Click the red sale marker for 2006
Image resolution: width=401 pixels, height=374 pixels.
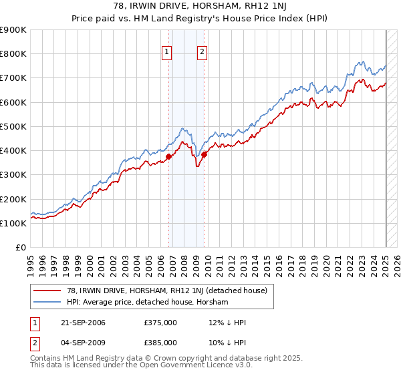169,157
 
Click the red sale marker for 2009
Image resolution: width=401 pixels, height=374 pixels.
205,154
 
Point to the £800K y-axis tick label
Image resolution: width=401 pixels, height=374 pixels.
13,54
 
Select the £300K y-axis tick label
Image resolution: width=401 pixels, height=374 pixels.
13,175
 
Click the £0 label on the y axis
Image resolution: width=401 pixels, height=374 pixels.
21,248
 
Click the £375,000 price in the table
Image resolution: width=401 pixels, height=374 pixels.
160,323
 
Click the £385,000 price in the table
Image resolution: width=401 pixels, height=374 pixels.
160,343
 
